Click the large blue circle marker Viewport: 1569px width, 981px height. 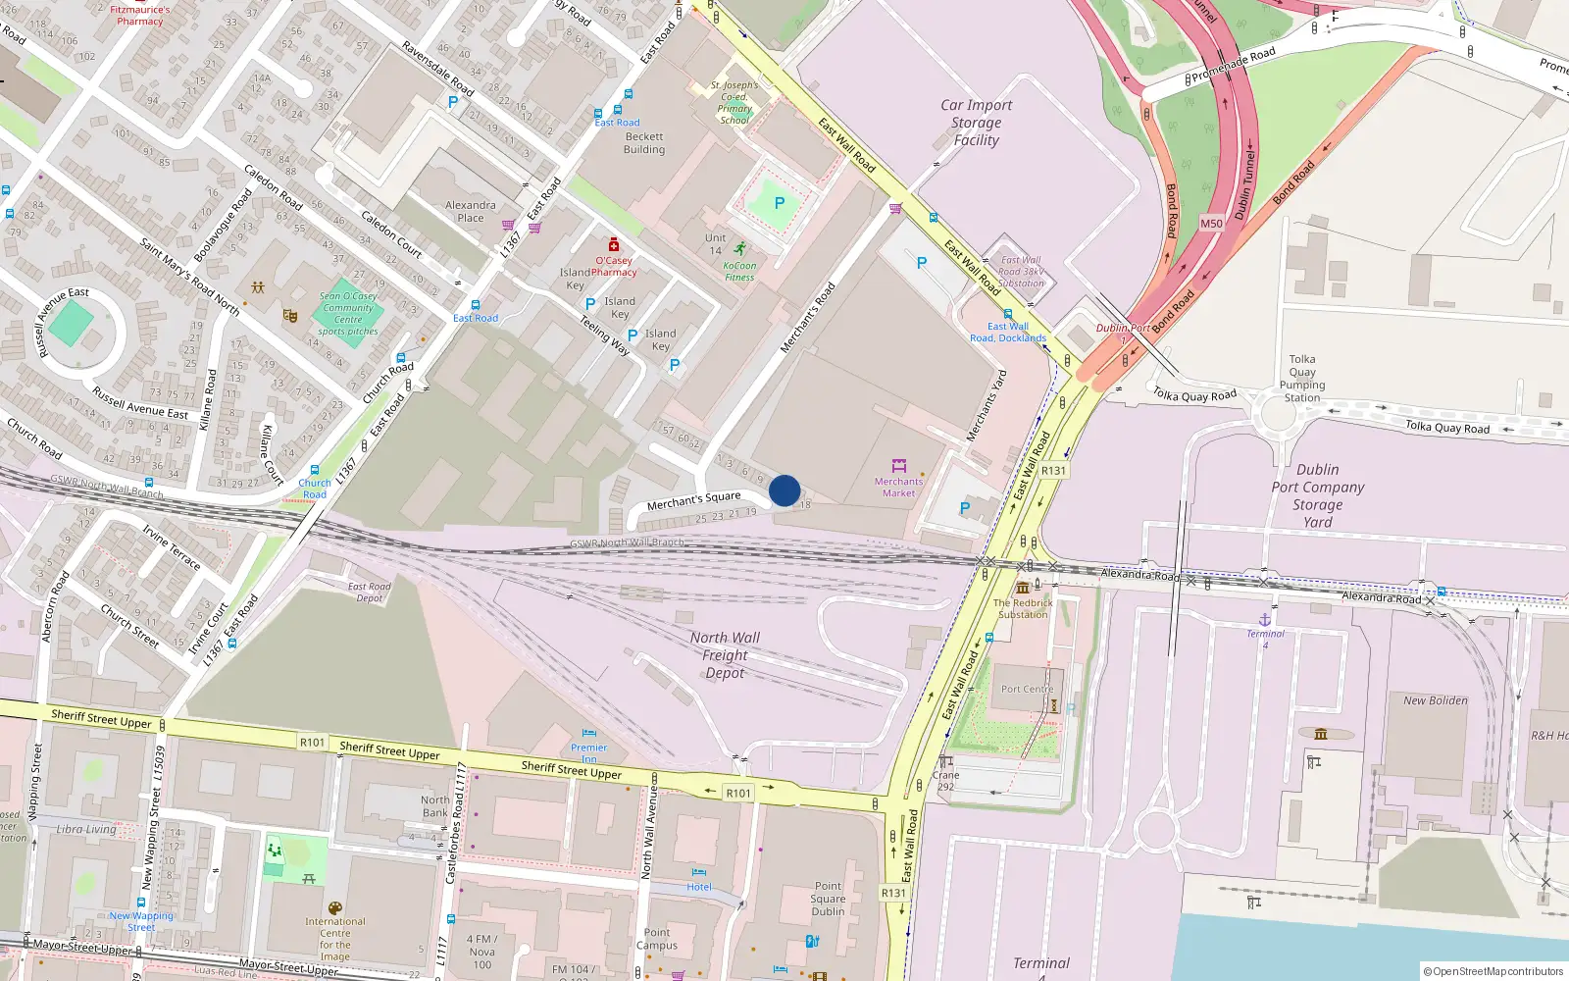click(x=784, y=490)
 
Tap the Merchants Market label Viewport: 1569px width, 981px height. click(x=898, y=487)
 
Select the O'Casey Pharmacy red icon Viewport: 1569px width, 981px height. click(x=614, y=244)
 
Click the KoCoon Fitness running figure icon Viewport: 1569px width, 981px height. click(x=739, y=249)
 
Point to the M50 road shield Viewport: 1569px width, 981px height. click(x=1212, y=224)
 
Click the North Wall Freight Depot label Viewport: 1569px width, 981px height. click(x=725, y=655)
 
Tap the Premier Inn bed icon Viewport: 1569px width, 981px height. click(x=588, y=733)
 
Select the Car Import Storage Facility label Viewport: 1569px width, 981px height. click(x=976, y=123)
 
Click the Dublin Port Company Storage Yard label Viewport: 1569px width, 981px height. click(x=1317, y=495)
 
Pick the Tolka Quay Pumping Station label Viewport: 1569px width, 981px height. click(x=1302, y=379)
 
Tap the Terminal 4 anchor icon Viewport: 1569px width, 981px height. click(x=1265, y=619)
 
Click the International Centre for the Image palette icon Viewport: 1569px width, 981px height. click(x=334, y=908)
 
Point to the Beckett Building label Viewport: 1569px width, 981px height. click(x=644, y=143)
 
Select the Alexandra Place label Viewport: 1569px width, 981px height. click(x=471, y=211)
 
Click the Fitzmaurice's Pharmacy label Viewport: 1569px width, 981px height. click(x=140, y=15)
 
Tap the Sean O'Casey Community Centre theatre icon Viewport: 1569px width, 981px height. click(x=289, y=316)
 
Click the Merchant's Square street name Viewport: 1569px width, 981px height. click(x=693, y=500)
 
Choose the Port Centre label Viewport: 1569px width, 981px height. click(x=1027, y=689)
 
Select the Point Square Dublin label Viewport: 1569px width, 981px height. click(x=828, y=899)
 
